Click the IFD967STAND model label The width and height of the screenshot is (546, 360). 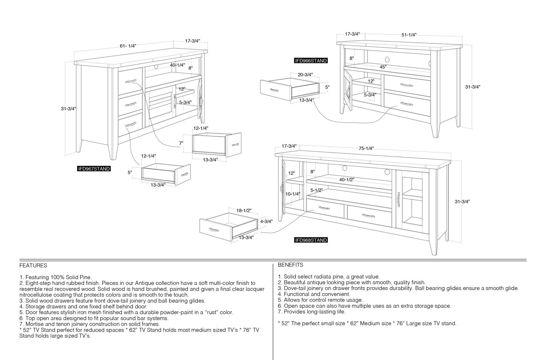94,169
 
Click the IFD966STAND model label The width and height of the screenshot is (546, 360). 311,61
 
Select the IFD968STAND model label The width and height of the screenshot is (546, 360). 311,240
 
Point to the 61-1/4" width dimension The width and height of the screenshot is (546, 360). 128,46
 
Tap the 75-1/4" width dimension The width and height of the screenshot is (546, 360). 366,148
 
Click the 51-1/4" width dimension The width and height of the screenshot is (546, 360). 409,35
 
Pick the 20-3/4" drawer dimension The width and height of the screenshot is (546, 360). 305,75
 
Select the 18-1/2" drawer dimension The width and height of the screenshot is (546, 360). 244,210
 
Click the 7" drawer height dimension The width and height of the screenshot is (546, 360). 181,143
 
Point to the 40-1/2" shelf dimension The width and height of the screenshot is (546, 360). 347,180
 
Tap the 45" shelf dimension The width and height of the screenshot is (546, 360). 383,67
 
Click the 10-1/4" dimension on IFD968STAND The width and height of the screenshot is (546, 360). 293,194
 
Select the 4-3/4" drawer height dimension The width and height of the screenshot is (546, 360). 267,221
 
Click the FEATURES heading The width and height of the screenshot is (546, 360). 33,265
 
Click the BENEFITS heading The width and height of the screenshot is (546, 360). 290,265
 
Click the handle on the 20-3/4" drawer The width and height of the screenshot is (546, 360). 274,90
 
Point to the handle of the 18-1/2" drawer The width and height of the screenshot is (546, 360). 214,230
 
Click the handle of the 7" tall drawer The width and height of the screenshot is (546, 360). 235,144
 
